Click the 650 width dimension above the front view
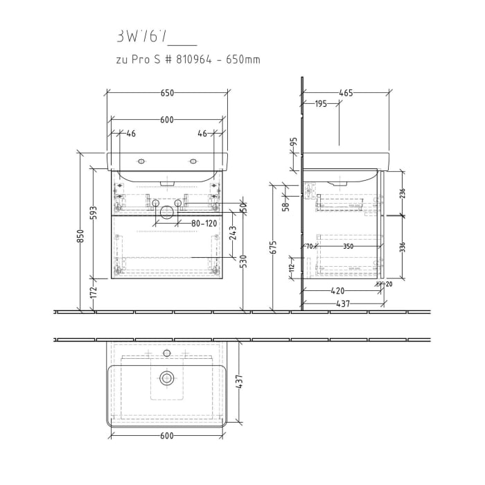pyautogui.click(x=167, y=93)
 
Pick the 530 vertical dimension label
pyautogui.click(x=242, y=259)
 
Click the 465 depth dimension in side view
pyautogui.click(x=346, y=93)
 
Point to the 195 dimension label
pyautogui.click(x=321, y=104)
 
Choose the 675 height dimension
pyautogui.click(x=274, y=246)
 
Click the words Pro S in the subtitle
pyautogui.click(x=142, y=60)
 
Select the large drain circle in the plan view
pyautogui.click(x=166, y=378)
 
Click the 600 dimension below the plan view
pyautogui.click(x=167, y=436)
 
